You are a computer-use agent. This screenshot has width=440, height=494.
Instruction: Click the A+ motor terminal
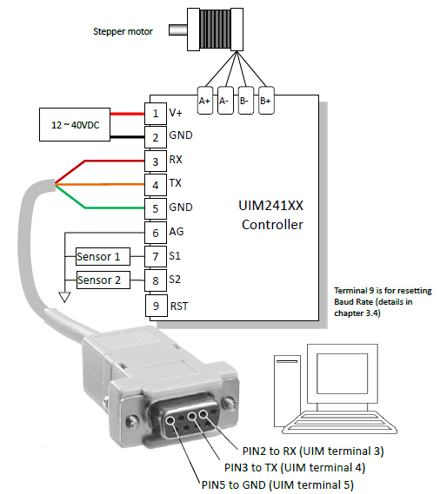point(205,100)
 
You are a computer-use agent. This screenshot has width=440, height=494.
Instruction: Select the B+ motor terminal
point(266,100)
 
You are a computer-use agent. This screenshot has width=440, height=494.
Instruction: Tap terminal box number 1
point(156,114)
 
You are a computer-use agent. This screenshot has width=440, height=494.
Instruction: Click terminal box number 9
point(157,306)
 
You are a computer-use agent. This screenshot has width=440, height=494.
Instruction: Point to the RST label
point(179,306)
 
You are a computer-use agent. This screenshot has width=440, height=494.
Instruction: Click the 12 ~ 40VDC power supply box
point(75,125)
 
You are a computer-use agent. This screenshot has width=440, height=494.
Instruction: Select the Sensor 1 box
point(103,256)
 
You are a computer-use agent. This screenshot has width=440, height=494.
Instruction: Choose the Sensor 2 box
point(103,280)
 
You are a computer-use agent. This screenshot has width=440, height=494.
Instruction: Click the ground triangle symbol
point(64,297)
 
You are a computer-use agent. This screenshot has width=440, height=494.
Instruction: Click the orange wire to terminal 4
point(100,184)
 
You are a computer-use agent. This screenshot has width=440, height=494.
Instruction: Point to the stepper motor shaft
point(178,30)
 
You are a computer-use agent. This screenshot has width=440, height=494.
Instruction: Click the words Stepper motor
point(123,31)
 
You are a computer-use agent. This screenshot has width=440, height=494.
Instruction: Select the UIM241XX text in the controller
point(270,206)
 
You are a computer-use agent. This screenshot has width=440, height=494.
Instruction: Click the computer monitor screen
point(342,373)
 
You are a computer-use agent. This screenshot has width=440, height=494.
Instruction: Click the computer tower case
point(287,391)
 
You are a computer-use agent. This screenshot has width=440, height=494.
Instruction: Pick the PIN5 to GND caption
point(277,484)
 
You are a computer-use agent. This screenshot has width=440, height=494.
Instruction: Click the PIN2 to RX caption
point(313,451)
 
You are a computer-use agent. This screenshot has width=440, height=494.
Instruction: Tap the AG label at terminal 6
point(177,232)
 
